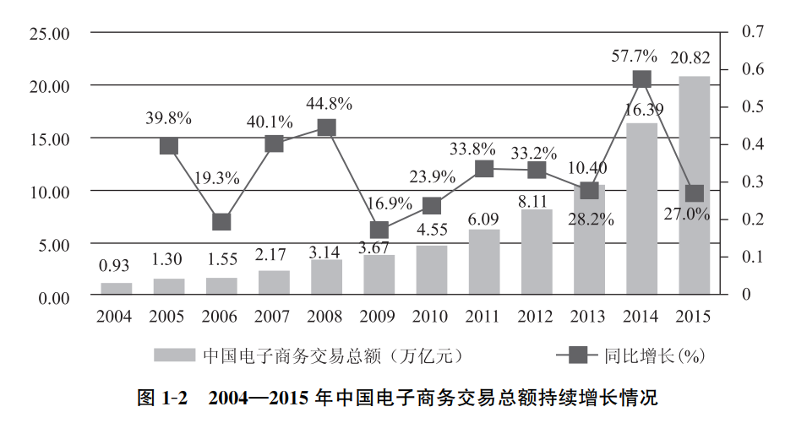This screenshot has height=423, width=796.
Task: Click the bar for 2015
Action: [695, 186]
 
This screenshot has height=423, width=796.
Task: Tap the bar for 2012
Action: [537, 252]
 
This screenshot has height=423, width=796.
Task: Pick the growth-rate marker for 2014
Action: [641, 79]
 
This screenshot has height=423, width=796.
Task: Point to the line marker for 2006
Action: [221, 221]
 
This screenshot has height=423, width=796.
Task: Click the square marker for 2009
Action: [379, 230]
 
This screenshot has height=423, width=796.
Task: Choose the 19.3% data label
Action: [217, 178]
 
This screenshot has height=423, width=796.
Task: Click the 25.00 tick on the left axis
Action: [47, 34]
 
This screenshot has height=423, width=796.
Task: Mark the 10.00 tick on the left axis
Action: [47, 192]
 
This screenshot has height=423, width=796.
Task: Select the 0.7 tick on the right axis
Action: [753, 32]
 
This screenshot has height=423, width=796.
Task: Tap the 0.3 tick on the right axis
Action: [753, 182]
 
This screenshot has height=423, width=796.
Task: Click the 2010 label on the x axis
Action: [431, 317]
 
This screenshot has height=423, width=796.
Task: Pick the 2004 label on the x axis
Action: [114, 317]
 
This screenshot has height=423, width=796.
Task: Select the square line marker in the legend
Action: [577, 355]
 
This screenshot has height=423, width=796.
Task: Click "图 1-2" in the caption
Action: [161, 397]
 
